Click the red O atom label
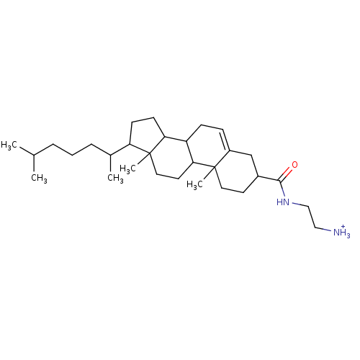294,165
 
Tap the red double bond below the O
287,173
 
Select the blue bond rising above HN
283,192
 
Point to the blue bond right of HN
295,204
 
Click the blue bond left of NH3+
328,230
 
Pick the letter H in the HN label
279,202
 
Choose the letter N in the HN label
286,202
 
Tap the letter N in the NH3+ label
336,233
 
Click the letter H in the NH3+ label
343,233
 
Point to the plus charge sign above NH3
343,227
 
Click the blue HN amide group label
283,202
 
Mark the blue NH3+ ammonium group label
341,233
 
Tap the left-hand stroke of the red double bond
285,171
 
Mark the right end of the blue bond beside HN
300,205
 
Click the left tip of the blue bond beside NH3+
323,229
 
